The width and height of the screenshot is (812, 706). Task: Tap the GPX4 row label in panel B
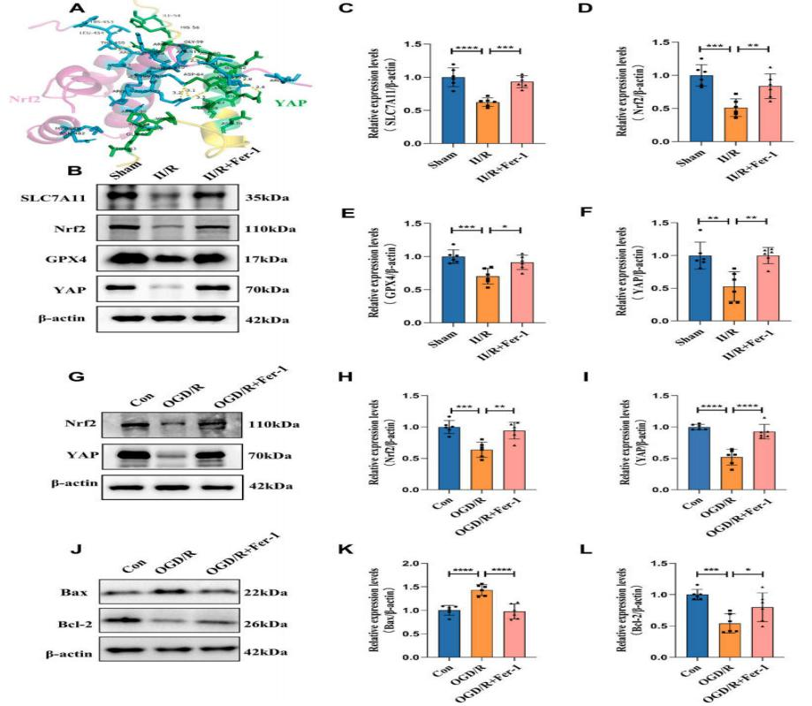click(54, 261)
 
